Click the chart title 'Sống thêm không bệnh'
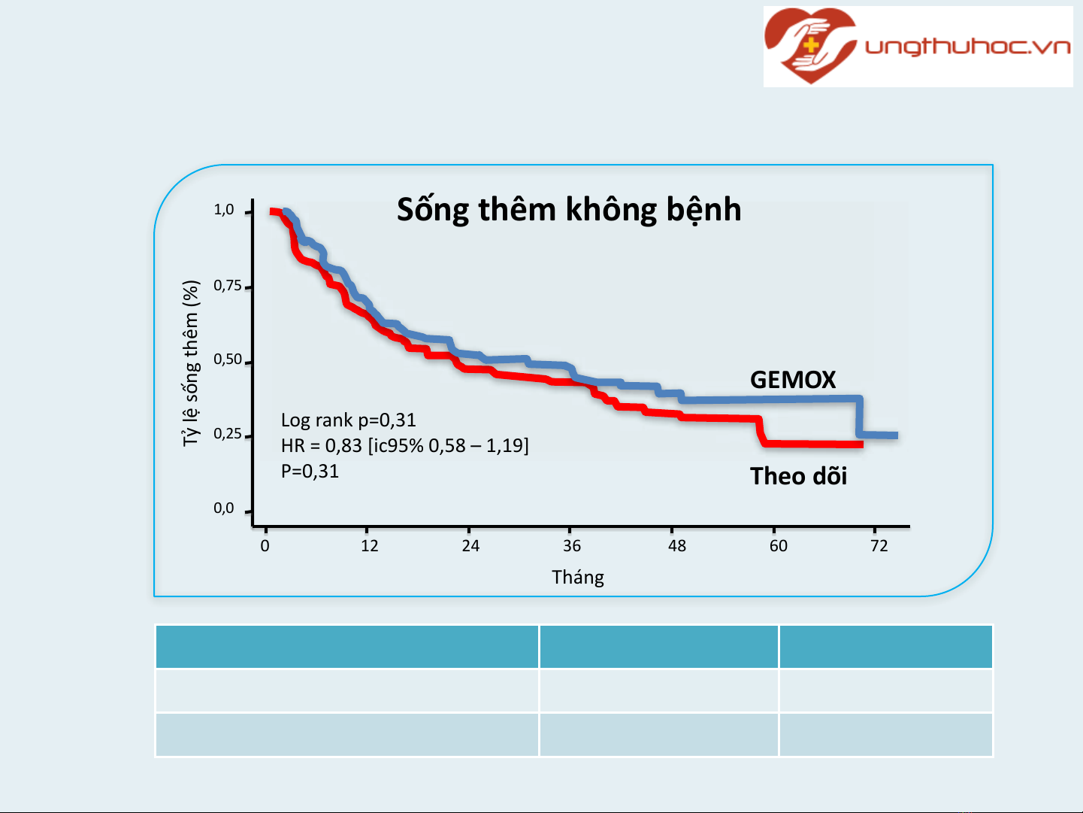click(569, 211)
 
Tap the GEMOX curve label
click(793, 380)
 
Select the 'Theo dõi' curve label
click(798, 476)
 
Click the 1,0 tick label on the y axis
click(223, 210)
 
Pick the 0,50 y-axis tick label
click(228, 359)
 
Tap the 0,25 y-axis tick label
click(228, 434)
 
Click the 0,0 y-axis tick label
click(223, 508)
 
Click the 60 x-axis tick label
click(779, 546)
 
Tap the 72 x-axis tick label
click(879, 546)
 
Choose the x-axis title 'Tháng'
click(578, 578)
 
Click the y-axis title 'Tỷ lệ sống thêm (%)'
click(191, 364)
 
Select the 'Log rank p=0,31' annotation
click(348, 420)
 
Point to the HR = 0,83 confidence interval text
click(404, 446)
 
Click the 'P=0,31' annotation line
click(310, 472)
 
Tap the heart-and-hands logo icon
click(810, 45)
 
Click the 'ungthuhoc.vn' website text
click(968, 47)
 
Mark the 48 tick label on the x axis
click(677, 546)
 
